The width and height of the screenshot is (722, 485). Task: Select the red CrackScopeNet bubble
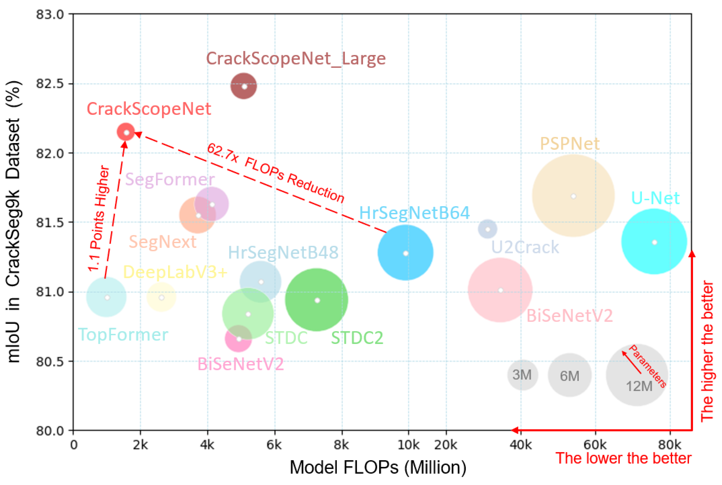pyautogui.click(x=126, y=132)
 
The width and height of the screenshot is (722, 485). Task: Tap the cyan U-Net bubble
pyautogui.click(x=654, y=242)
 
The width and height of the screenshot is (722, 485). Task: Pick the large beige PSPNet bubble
pyautogui.click(x=573, y=196)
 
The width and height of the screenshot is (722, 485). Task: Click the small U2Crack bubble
pyautogui.click(x=488, y=229)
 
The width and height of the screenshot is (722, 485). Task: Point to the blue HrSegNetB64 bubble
pyautogui.click(x=405, y=253)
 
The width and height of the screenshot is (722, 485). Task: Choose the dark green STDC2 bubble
pyautogui.click(x=316, y=300)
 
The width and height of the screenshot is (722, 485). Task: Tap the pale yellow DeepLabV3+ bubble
pyautogui.click(x=161, y=297)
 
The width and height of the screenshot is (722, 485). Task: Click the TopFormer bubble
pyautogui.click(x=106, y=297)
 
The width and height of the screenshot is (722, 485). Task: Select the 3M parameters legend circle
pyautogui.click(x=522, y=375)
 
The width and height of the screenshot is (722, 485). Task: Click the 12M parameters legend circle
pyautogui.click(x=637, y=375)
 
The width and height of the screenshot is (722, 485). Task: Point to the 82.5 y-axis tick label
pyautogui.click(x=50, y=84)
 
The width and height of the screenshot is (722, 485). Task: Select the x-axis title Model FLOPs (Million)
pyautogui.click(x=378, y=467)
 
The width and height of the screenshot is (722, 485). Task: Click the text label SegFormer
pyautogui.click(x=170, y=179)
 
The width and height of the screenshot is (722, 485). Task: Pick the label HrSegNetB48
pyautogui.click(x=283, y=252)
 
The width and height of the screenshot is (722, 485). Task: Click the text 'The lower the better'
pyautogui.click(x=623, y=458)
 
